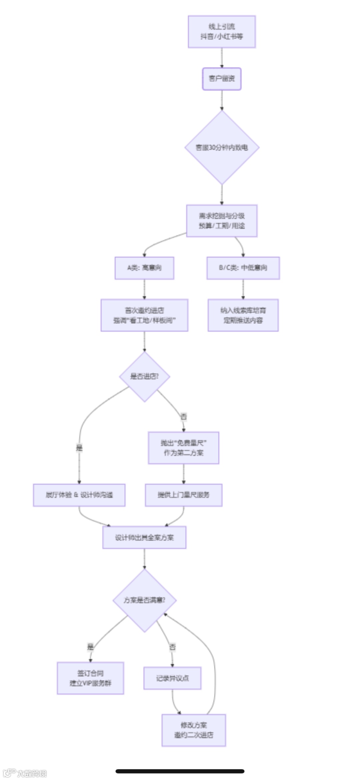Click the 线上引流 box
222,32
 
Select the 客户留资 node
222,79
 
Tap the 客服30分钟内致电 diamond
222,147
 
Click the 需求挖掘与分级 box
222,221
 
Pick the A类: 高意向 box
144,268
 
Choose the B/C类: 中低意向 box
243,268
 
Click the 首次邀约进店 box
144,315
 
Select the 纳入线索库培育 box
243,315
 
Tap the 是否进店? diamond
144,377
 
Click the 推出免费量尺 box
183,448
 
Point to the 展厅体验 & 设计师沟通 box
79,495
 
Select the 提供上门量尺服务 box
183,495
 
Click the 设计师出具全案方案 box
144,537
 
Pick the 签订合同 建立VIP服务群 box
90,678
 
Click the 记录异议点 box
172,678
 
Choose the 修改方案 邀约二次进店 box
194,730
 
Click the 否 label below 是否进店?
183,416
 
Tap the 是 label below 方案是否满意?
90,647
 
